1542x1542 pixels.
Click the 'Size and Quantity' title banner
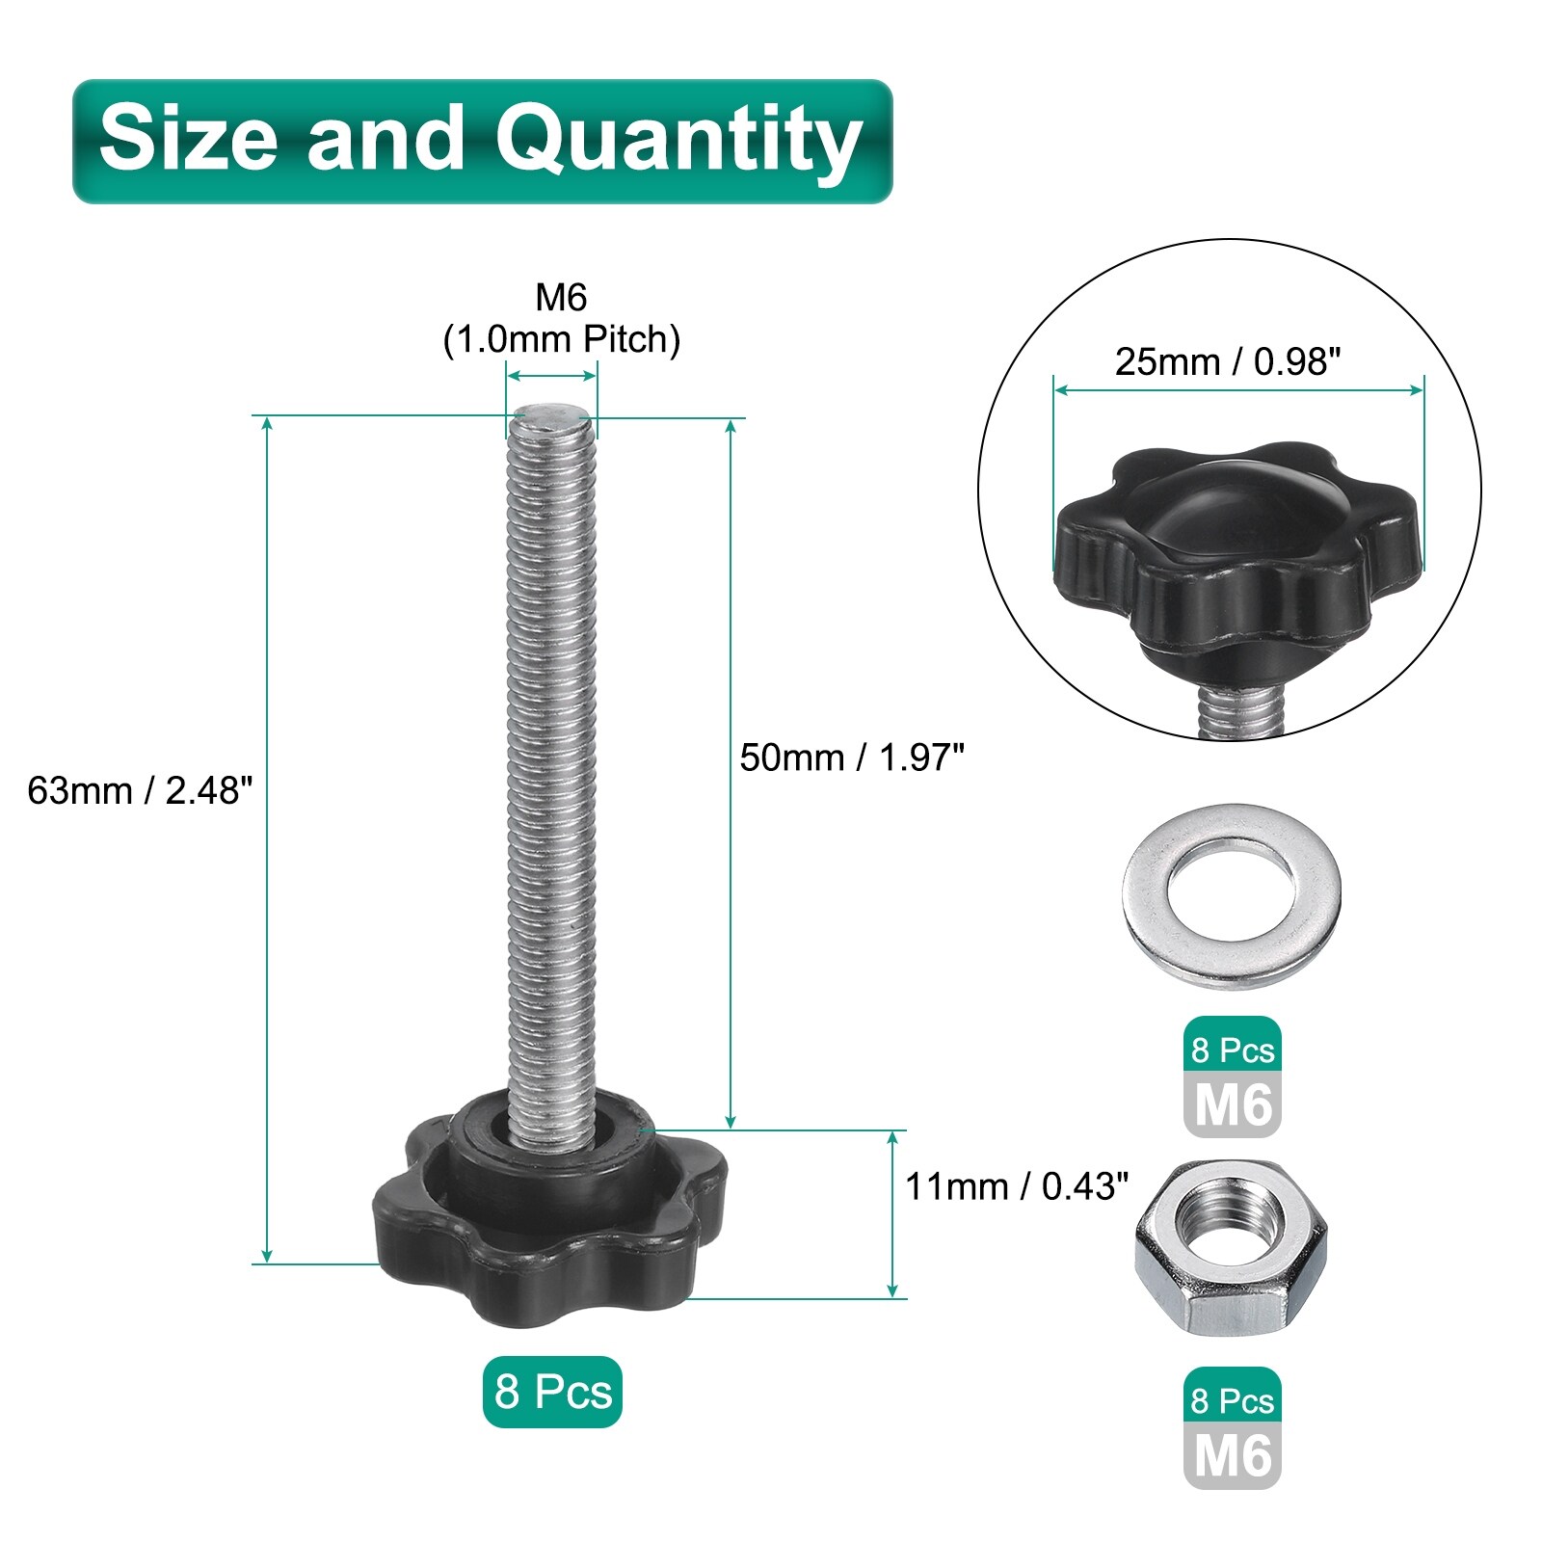pyautogui.click(x=483, y=142)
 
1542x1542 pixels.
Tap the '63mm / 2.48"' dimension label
pyautogui.click(x=141, y=790)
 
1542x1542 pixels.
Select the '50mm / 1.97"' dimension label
pyautogui.click(x=852, y=758)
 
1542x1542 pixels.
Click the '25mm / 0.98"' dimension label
pyautogui.click(x=1228, y=362)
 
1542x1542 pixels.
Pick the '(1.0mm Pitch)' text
pyautogui.click(x=562, y=340)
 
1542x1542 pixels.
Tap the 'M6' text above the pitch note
pyautogui.click(x=562, y=298)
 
